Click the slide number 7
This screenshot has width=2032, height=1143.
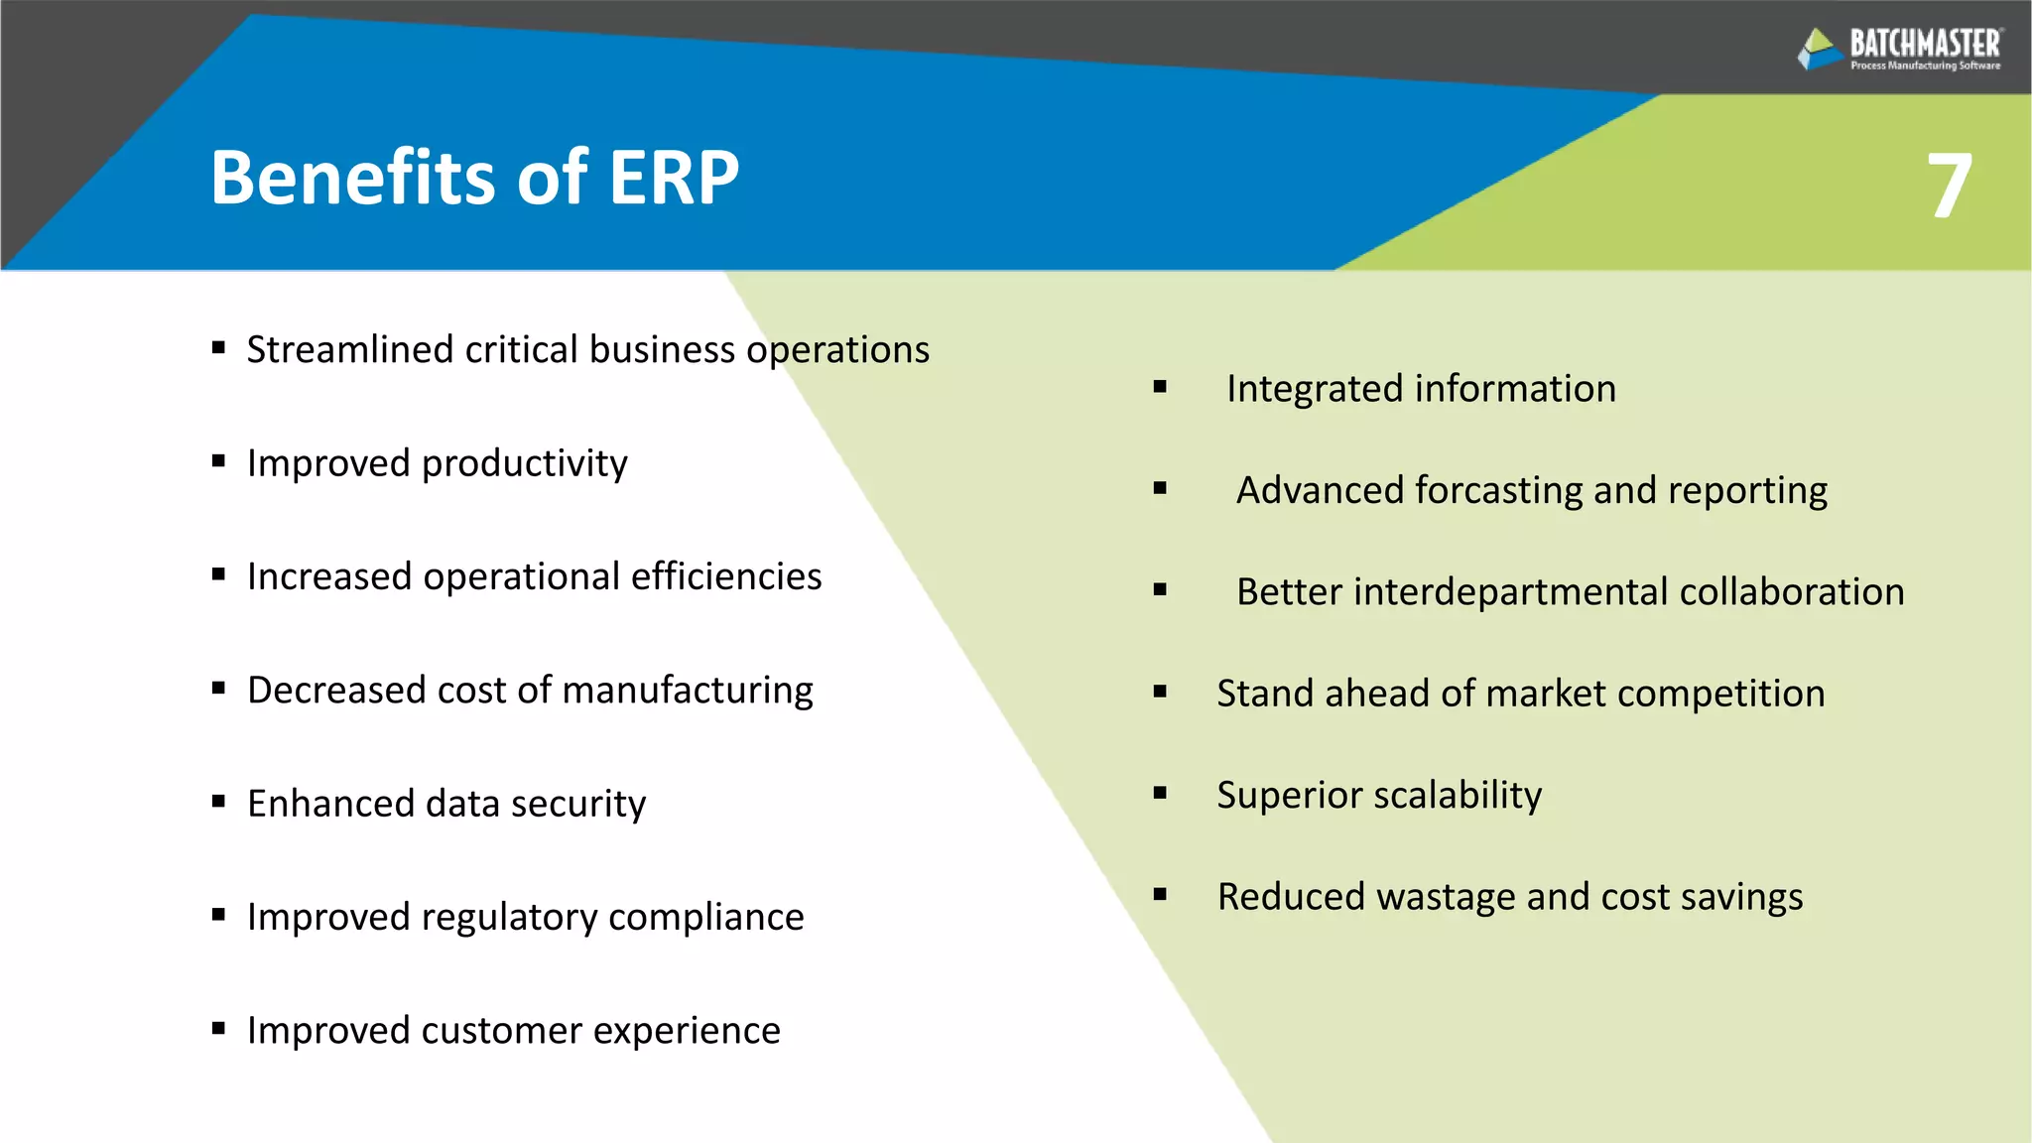1949,186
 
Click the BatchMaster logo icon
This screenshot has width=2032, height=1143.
1820,49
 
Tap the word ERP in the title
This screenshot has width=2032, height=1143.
674,178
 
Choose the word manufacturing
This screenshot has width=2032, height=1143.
687,691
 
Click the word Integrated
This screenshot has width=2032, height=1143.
1314,389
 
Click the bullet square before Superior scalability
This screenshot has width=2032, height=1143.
1160,793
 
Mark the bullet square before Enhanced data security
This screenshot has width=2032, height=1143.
218,801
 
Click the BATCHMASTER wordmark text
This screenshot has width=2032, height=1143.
1925,44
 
